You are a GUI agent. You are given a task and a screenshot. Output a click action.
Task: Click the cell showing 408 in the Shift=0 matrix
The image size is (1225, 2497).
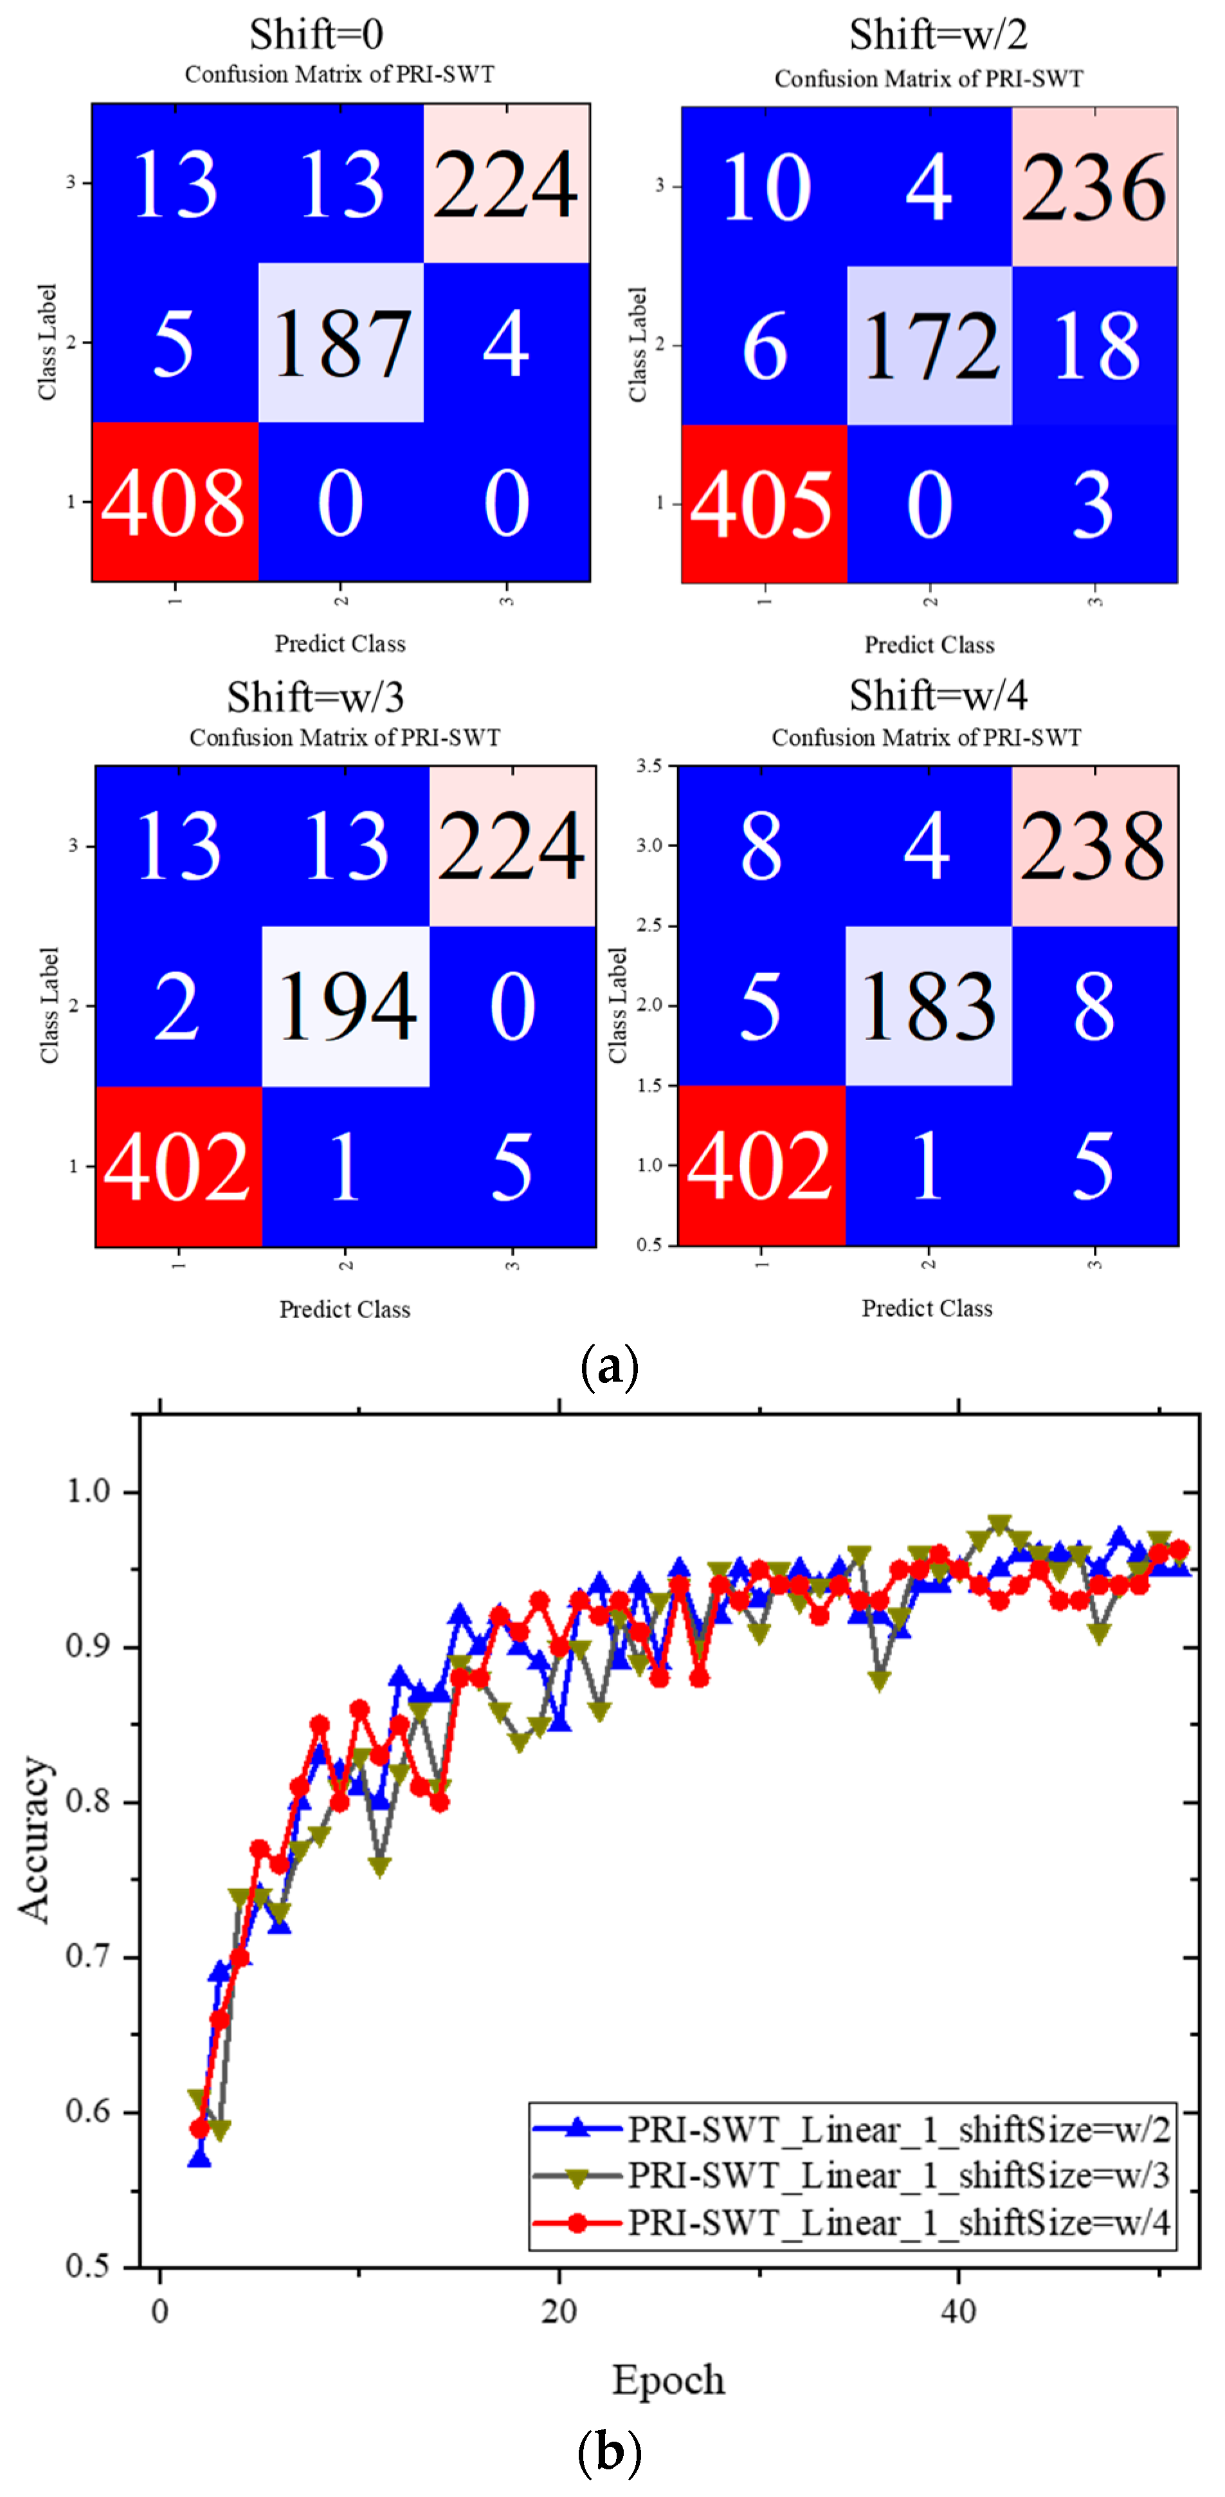point(174,501)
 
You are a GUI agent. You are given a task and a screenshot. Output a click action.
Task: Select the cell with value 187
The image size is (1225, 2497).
point(341,343)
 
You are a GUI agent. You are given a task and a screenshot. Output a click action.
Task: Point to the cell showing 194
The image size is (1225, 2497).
point(346,1006)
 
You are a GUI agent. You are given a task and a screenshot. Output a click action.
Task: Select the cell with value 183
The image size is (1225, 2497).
point(929,1006)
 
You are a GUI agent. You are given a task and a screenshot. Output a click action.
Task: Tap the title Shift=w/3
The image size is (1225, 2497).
point(315,696)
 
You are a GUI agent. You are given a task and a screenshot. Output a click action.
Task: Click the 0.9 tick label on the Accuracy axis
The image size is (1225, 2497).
point(88,1646)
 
